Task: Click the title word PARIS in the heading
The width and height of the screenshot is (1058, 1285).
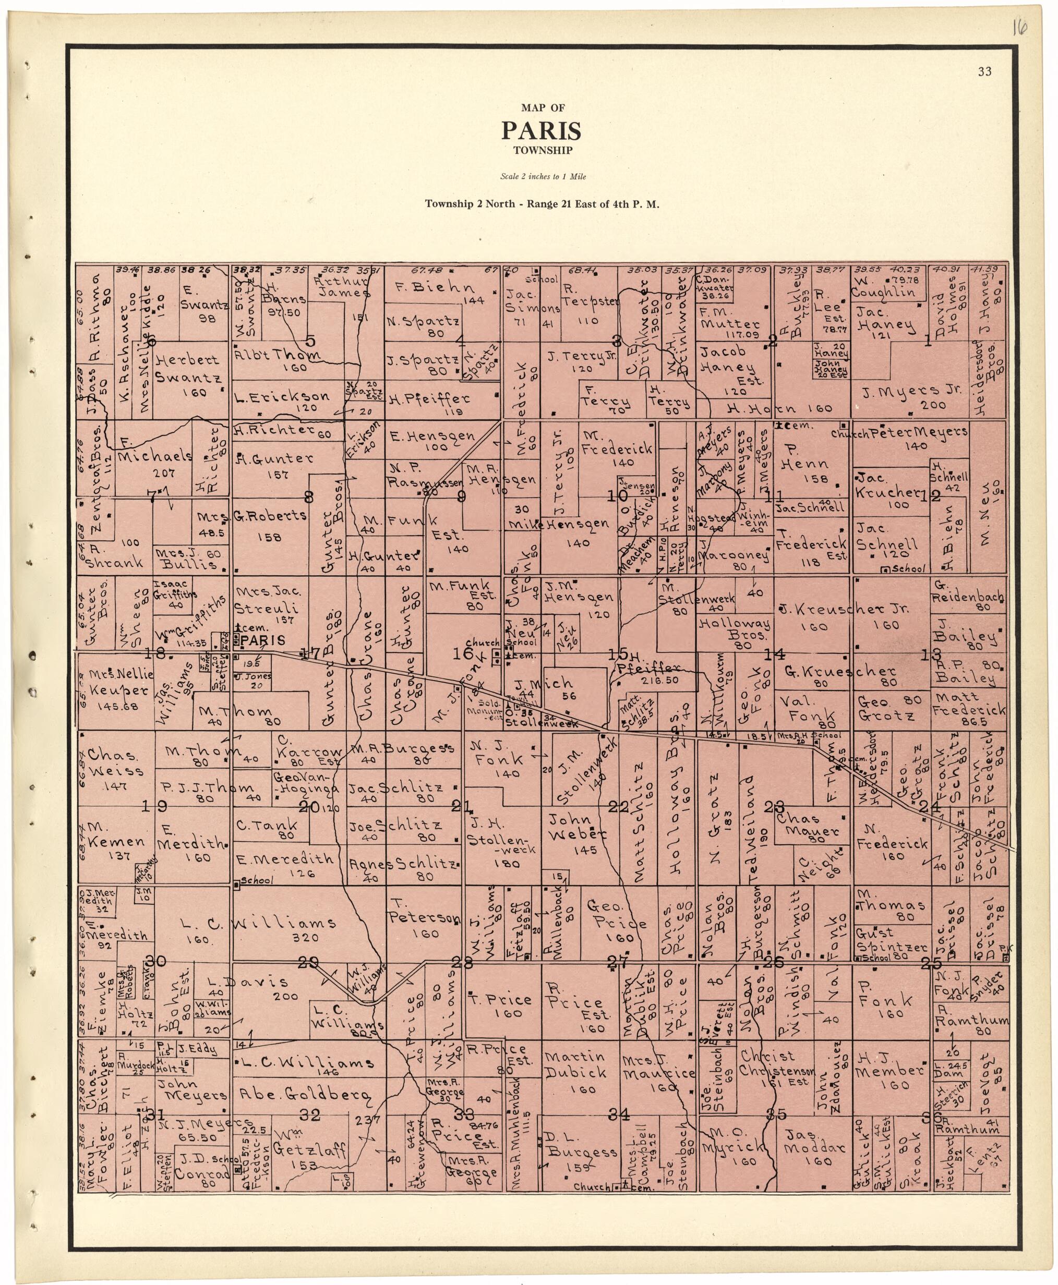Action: coord(541,130)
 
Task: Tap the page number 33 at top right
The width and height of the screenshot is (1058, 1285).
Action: coord(984,72)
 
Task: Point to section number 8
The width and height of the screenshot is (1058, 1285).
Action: coord(309,497)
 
